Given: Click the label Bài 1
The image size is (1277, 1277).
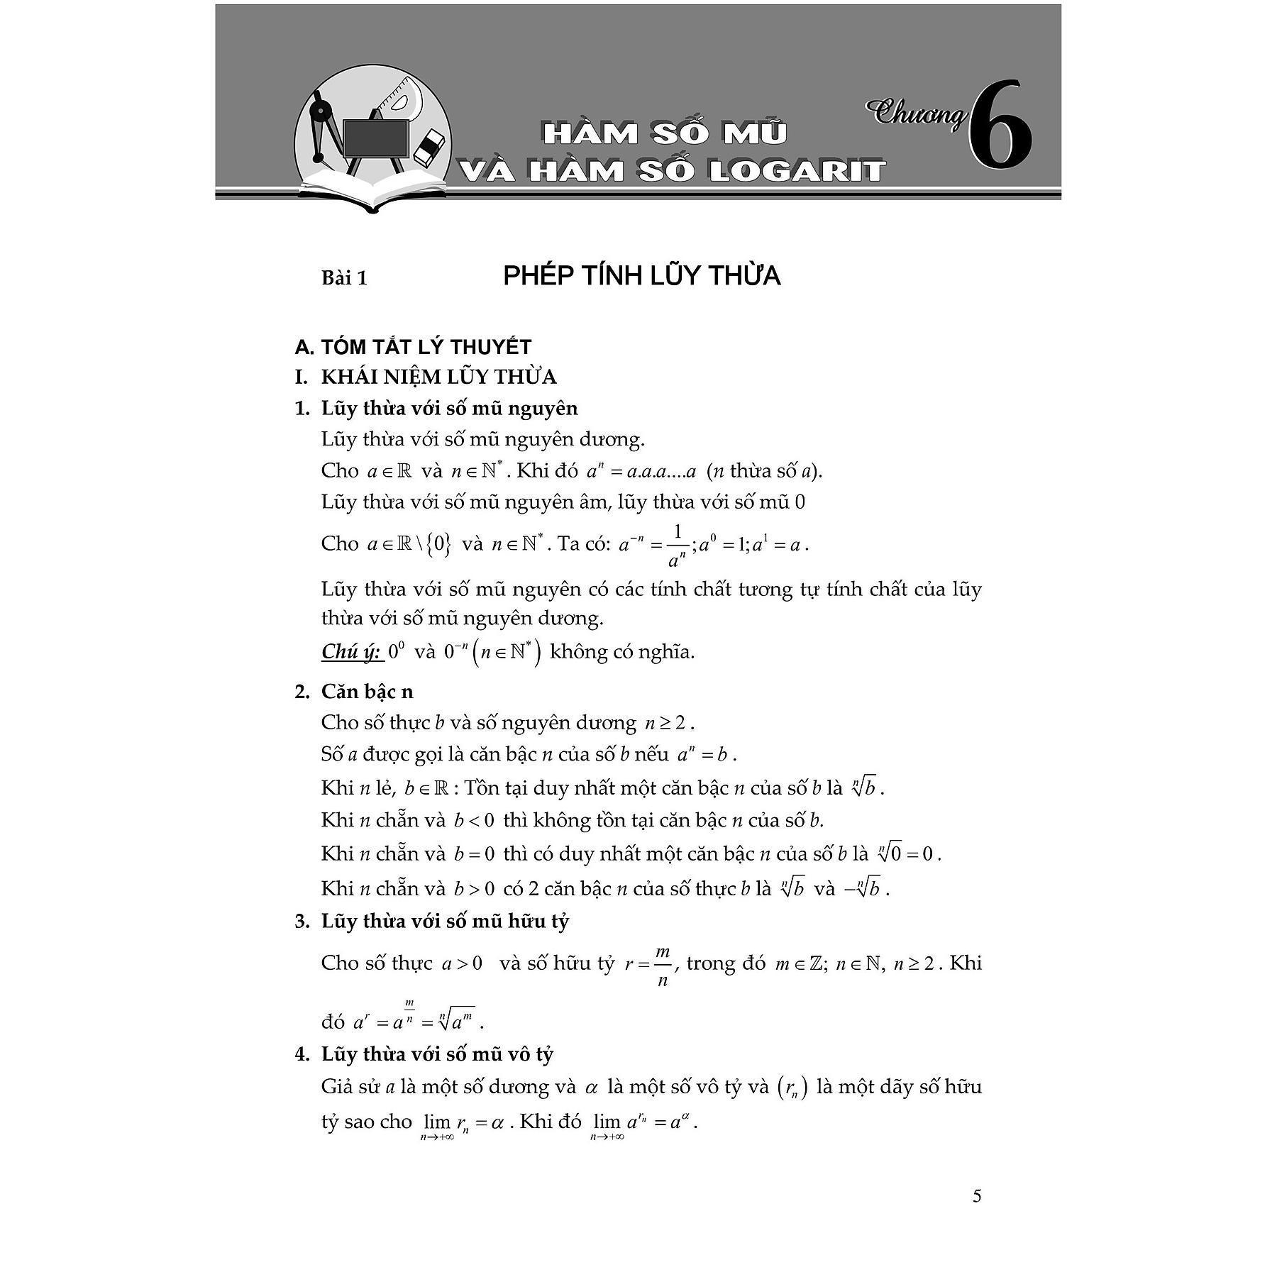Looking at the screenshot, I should tap(344, 278).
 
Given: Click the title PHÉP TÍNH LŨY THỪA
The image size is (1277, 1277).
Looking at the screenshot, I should tap(641, 276).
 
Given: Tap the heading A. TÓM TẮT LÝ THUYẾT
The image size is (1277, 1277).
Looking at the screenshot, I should tap(413, 347).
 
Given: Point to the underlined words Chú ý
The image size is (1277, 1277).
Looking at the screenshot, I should tap(351, 652).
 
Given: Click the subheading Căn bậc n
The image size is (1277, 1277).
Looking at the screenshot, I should tap(367, 692).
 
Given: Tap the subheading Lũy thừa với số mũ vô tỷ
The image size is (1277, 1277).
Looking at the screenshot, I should tap(437, 1054).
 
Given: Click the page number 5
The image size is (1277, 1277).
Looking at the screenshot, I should tap(977, 1196).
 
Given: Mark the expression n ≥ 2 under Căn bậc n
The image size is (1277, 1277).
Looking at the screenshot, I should tap(666, 724).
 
